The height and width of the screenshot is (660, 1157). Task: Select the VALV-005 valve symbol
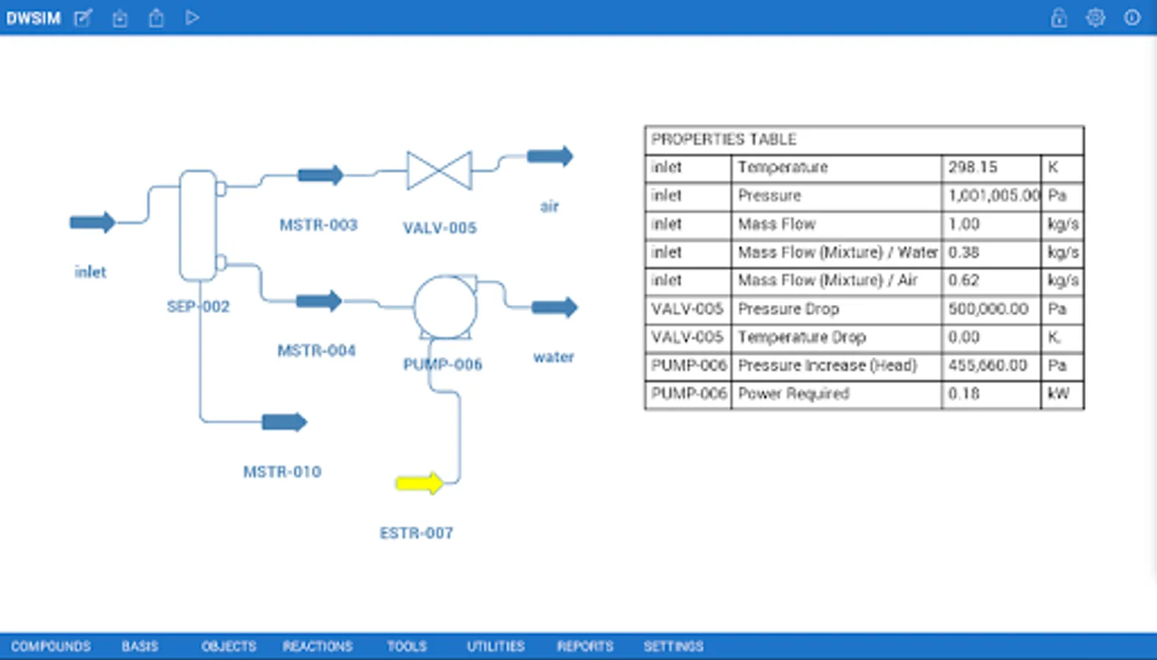pyautogui.click(x=439, y=171)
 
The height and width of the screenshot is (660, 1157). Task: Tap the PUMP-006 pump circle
pyautogui.click(x=445, y=307)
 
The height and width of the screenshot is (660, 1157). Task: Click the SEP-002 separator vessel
pyautogui.click(x=198, y=225)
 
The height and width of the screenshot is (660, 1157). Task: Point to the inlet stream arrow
pyautogui.click(x=92, y=222)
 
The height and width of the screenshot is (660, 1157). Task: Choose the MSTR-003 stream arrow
pyautogui.click(x=320, y=175)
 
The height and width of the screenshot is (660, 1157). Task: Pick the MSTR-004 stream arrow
pyautogui.click(x=319, y=301)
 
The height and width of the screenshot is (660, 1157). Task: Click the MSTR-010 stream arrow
pyautogui.click(x=284, y=422)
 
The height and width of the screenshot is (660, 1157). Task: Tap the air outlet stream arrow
pyautogui.click(x=550, y=156)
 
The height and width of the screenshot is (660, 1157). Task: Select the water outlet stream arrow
pyautogui.click(x=554, y=307)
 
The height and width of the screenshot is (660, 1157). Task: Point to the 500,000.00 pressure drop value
pyautogui.click(x=988, y=309)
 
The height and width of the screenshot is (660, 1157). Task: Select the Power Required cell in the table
pyautogui.click(x=793, y=394)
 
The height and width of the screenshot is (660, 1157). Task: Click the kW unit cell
pyautogui.click(x=1059, y=394)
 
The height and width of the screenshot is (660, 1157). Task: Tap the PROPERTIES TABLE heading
pyautogui.click(x=724, y=139)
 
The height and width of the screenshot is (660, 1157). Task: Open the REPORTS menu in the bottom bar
pyautogui.click(x=584, y=646)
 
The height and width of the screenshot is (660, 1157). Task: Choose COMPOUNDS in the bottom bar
pyautogui.click(x=51, y=646)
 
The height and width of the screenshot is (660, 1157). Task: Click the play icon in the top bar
pyautogui.click(x=192, y=18)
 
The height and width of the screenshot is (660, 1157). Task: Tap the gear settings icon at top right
pyautogui.click(x=1095, y=18)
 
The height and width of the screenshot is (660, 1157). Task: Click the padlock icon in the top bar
pyautogui.click(x=1059, y=18)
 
